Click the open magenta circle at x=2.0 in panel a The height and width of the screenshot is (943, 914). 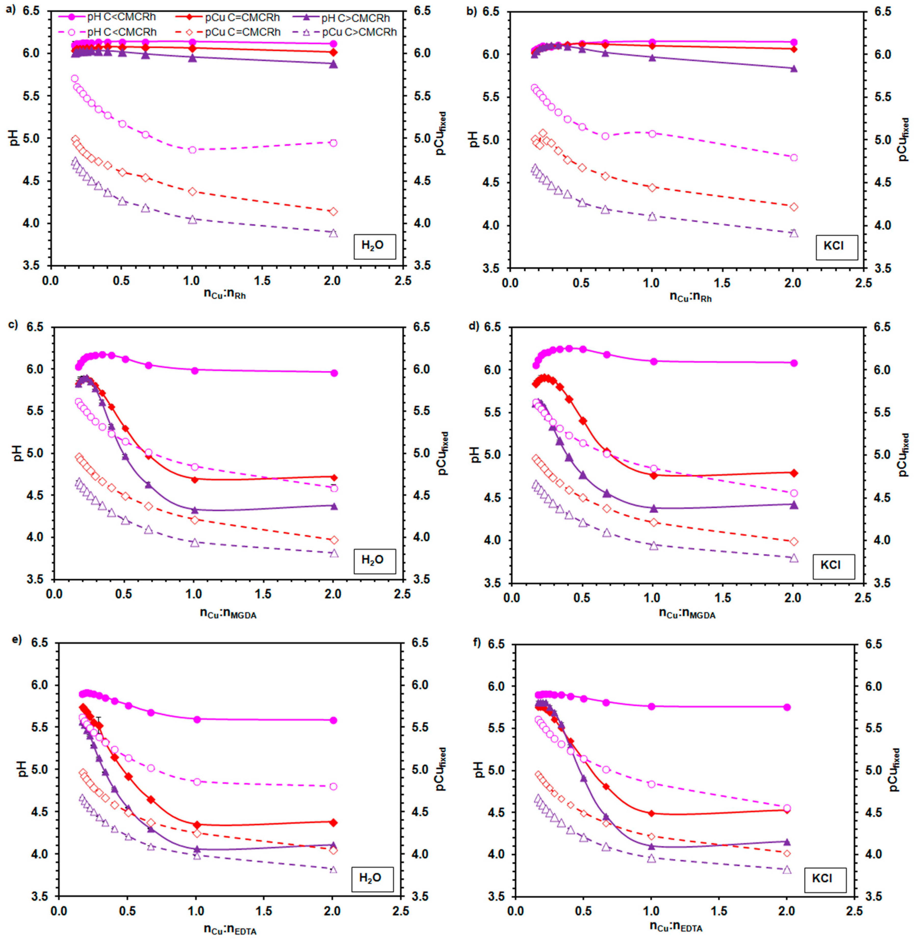point(333,143)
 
